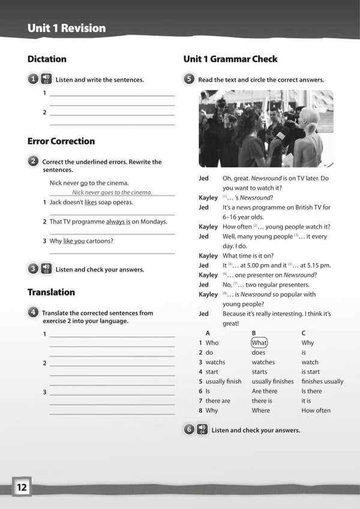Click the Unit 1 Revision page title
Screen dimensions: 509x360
tap(67, 28)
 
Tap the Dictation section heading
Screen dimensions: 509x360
tap(47, 59)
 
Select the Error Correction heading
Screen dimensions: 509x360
tap(61, 141)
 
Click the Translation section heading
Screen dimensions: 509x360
tap(51, 293)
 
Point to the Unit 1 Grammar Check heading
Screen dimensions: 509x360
tap(230, 59)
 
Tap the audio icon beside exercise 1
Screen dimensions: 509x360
tap(46, 79)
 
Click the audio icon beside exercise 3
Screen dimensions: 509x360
tap(46, 269)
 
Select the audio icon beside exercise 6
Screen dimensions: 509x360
tap(202, 429)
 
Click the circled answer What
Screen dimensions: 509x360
tap(259, 343)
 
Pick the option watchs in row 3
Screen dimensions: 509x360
tap(215, 362)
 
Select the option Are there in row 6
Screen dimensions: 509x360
tap(265, 391)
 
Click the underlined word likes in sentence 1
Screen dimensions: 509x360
tap(91, 203)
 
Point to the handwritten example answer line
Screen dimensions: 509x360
tap(112, 192)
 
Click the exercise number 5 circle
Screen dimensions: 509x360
tap(189, 79)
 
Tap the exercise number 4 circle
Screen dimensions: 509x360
tap(33, 312)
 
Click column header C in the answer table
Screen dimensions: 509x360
tap(304, 333)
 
